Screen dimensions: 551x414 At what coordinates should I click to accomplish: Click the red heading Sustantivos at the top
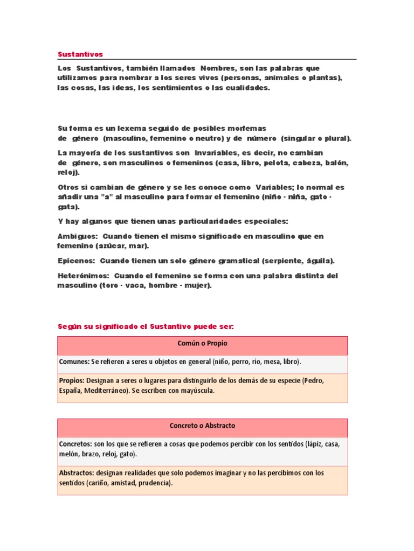tap(80, 54)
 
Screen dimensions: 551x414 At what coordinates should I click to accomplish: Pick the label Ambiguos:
tap(77, 236)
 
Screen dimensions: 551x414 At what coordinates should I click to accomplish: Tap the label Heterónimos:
tap(84, 276)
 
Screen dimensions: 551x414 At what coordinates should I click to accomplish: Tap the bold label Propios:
tap(72, 380)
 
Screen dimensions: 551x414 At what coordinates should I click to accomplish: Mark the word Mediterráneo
tap(107, 391)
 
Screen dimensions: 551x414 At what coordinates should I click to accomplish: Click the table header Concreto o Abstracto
tap(202, 426)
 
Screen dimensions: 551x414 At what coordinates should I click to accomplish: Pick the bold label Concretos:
tap(75, 444)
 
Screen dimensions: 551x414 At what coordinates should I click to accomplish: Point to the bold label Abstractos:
tap(77, 473)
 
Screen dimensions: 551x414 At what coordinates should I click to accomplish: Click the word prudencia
tap(155, 483)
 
